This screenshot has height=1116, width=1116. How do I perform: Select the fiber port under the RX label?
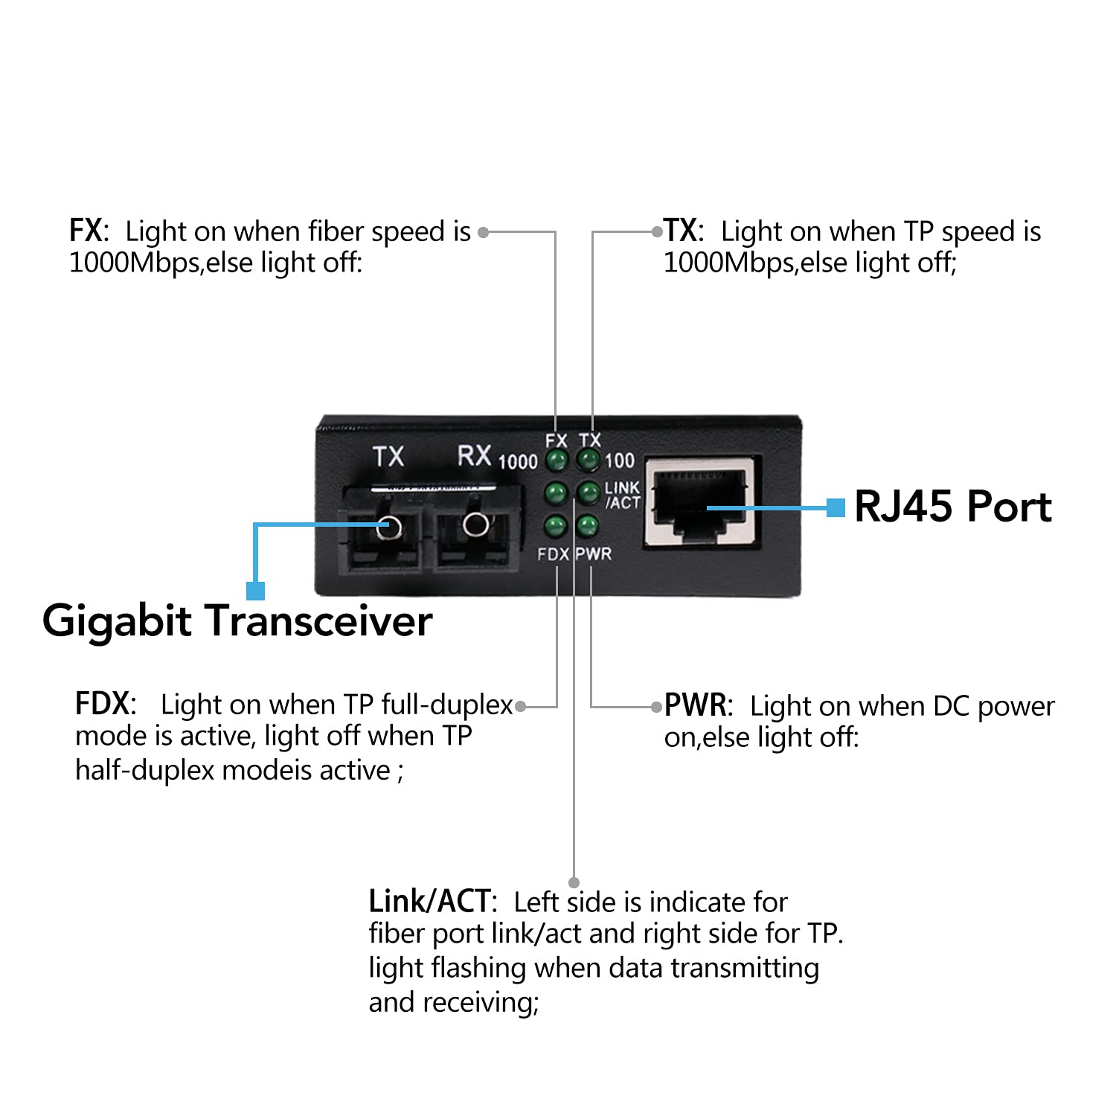coord(475,525)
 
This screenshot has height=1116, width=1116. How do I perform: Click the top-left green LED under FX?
coord(556,460)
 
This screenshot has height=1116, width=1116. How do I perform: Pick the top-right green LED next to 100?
coord(589,460)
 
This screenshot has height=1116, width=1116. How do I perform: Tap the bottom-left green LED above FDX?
coord(555,525)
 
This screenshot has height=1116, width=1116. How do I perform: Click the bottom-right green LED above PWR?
coord(588,525)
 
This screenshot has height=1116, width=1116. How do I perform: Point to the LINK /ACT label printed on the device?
coord(622,495)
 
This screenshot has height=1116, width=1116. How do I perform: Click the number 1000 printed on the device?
coord(517,462)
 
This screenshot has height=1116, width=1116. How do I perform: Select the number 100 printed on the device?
coord(619,461)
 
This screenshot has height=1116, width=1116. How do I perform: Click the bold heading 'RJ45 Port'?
coord(952,507)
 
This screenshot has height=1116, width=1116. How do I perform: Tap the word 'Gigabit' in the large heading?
coord(117,621)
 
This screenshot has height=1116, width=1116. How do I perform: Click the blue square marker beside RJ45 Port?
coord(836,507)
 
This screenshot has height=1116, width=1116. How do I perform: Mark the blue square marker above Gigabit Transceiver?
coord(255,591)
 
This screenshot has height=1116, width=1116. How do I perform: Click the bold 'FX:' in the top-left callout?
coord(89,231)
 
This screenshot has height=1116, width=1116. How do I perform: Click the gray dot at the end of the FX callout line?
coord(483,233)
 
